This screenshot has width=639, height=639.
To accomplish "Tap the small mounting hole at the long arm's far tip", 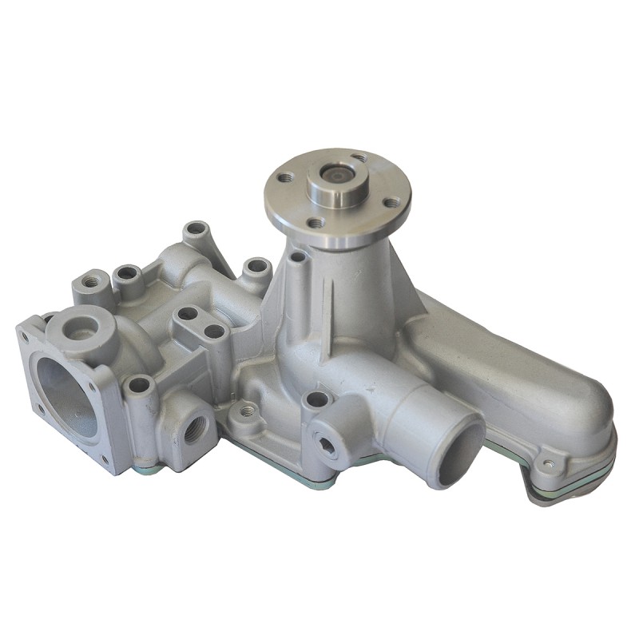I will pyautogui.click(x=547, y=462).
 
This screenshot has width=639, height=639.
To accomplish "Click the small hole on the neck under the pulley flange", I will pyautogui.click(x=297, y=257).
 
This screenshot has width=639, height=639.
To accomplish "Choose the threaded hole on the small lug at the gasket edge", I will pyautogui.click(x=248, y=411).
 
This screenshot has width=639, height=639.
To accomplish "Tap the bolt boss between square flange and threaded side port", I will pyautogui.click(x=140, y=386).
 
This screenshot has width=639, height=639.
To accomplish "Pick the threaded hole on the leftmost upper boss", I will pyautogui.click(x=91, y=280).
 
